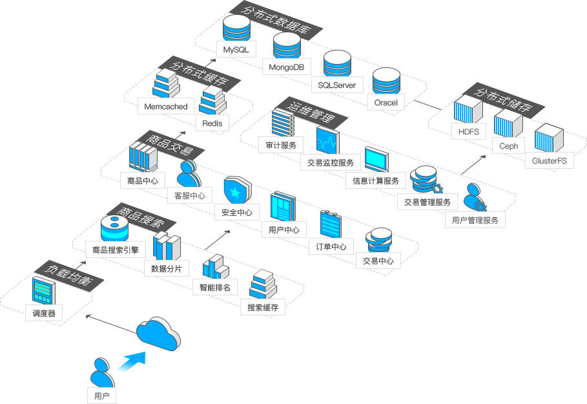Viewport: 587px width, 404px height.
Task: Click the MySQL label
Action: coord(236,50)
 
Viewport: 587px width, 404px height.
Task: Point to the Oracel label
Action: coord(386,102)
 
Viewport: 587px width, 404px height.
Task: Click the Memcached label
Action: coord(166,107)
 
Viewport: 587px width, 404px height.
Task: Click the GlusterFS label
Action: coord(550,160)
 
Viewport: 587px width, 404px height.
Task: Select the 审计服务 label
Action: coord(281,145)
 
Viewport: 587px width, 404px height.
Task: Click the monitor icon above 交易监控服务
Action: coord(327,140)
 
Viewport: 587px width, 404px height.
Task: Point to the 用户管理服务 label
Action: coord(475,220)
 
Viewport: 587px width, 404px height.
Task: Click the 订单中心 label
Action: coord(331,246)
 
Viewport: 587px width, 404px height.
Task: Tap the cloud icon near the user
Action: coord(159,334)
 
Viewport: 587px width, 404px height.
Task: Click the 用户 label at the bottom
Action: coord(101,396)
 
